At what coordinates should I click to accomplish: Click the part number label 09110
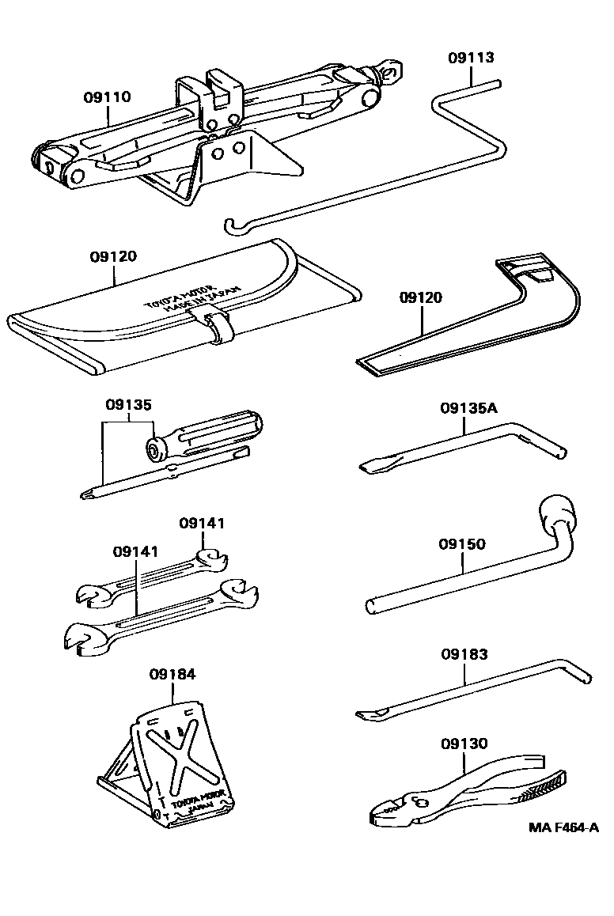(x=108, y=97)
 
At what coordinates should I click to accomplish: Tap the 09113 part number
(x=471, y=58)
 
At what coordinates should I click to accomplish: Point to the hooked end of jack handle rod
(x=230, y=227)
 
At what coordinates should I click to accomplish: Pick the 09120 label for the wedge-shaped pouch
(x=421, y=297)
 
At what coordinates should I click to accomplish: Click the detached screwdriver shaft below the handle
(x=166, y=477)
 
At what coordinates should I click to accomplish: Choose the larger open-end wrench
(x=158, y=621)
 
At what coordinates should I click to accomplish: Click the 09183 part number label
(x=464, y=654)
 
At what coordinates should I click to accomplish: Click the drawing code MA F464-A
(x=564, y=828)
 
